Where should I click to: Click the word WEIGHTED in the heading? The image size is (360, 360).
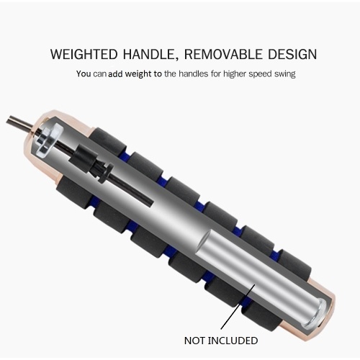point(84,54)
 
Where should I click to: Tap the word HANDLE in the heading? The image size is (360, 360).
point(149,54)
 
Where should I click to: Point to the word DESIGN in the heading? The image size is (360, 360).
point(292,54)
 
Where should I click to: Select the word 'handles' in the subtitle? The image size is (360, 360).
point(193,73)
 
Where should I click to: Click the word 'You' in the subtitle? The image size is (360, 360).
point(84,73)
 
